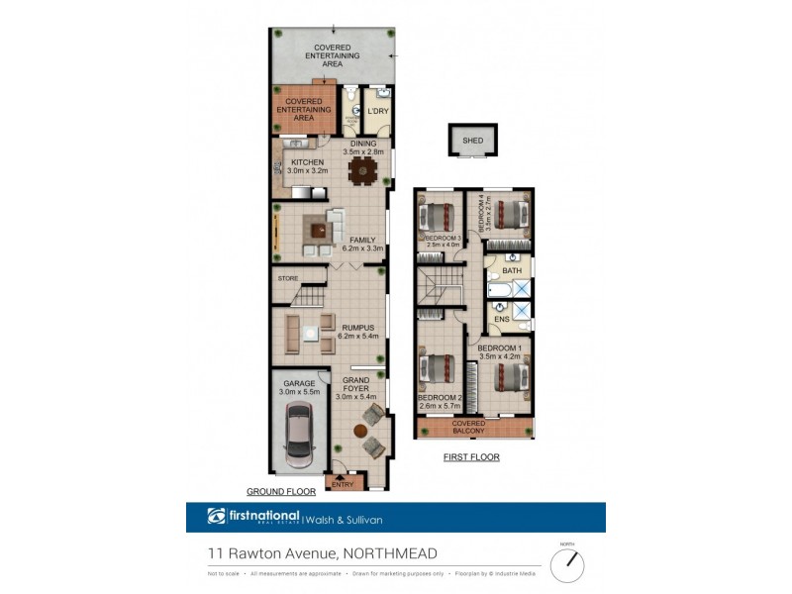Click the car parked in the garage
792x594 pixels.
click(299, 436)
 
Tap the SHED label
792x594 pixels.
click(473, 141)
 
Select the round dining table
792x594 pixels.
click(363, 170)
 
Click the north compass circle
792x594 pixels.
click(567, 565)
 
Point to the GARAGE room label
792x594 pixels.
click(299, 383)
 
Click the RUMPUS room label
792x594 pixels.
click(357, 327)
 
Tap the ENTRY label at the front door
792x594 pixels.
click(343, 484)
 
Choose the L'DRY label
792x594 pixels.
click(378, 111)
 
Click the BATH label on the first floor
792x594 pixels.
click(512, 270)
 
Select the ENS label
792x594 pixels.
click(502, 319)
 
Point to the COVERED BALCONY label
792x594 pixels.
click(474, 428)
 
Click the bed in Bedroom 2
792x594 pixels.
click(437, 369)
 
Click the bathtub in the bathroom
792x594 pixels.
click(500, 290)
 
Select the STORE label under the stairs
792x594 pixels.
click(288, 278)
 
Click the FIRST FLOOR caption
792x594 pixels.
click(472, 457)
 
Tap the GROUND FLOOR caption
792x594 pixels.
click(281, 491)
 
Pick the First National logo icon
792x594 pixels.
click(217, 516)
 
